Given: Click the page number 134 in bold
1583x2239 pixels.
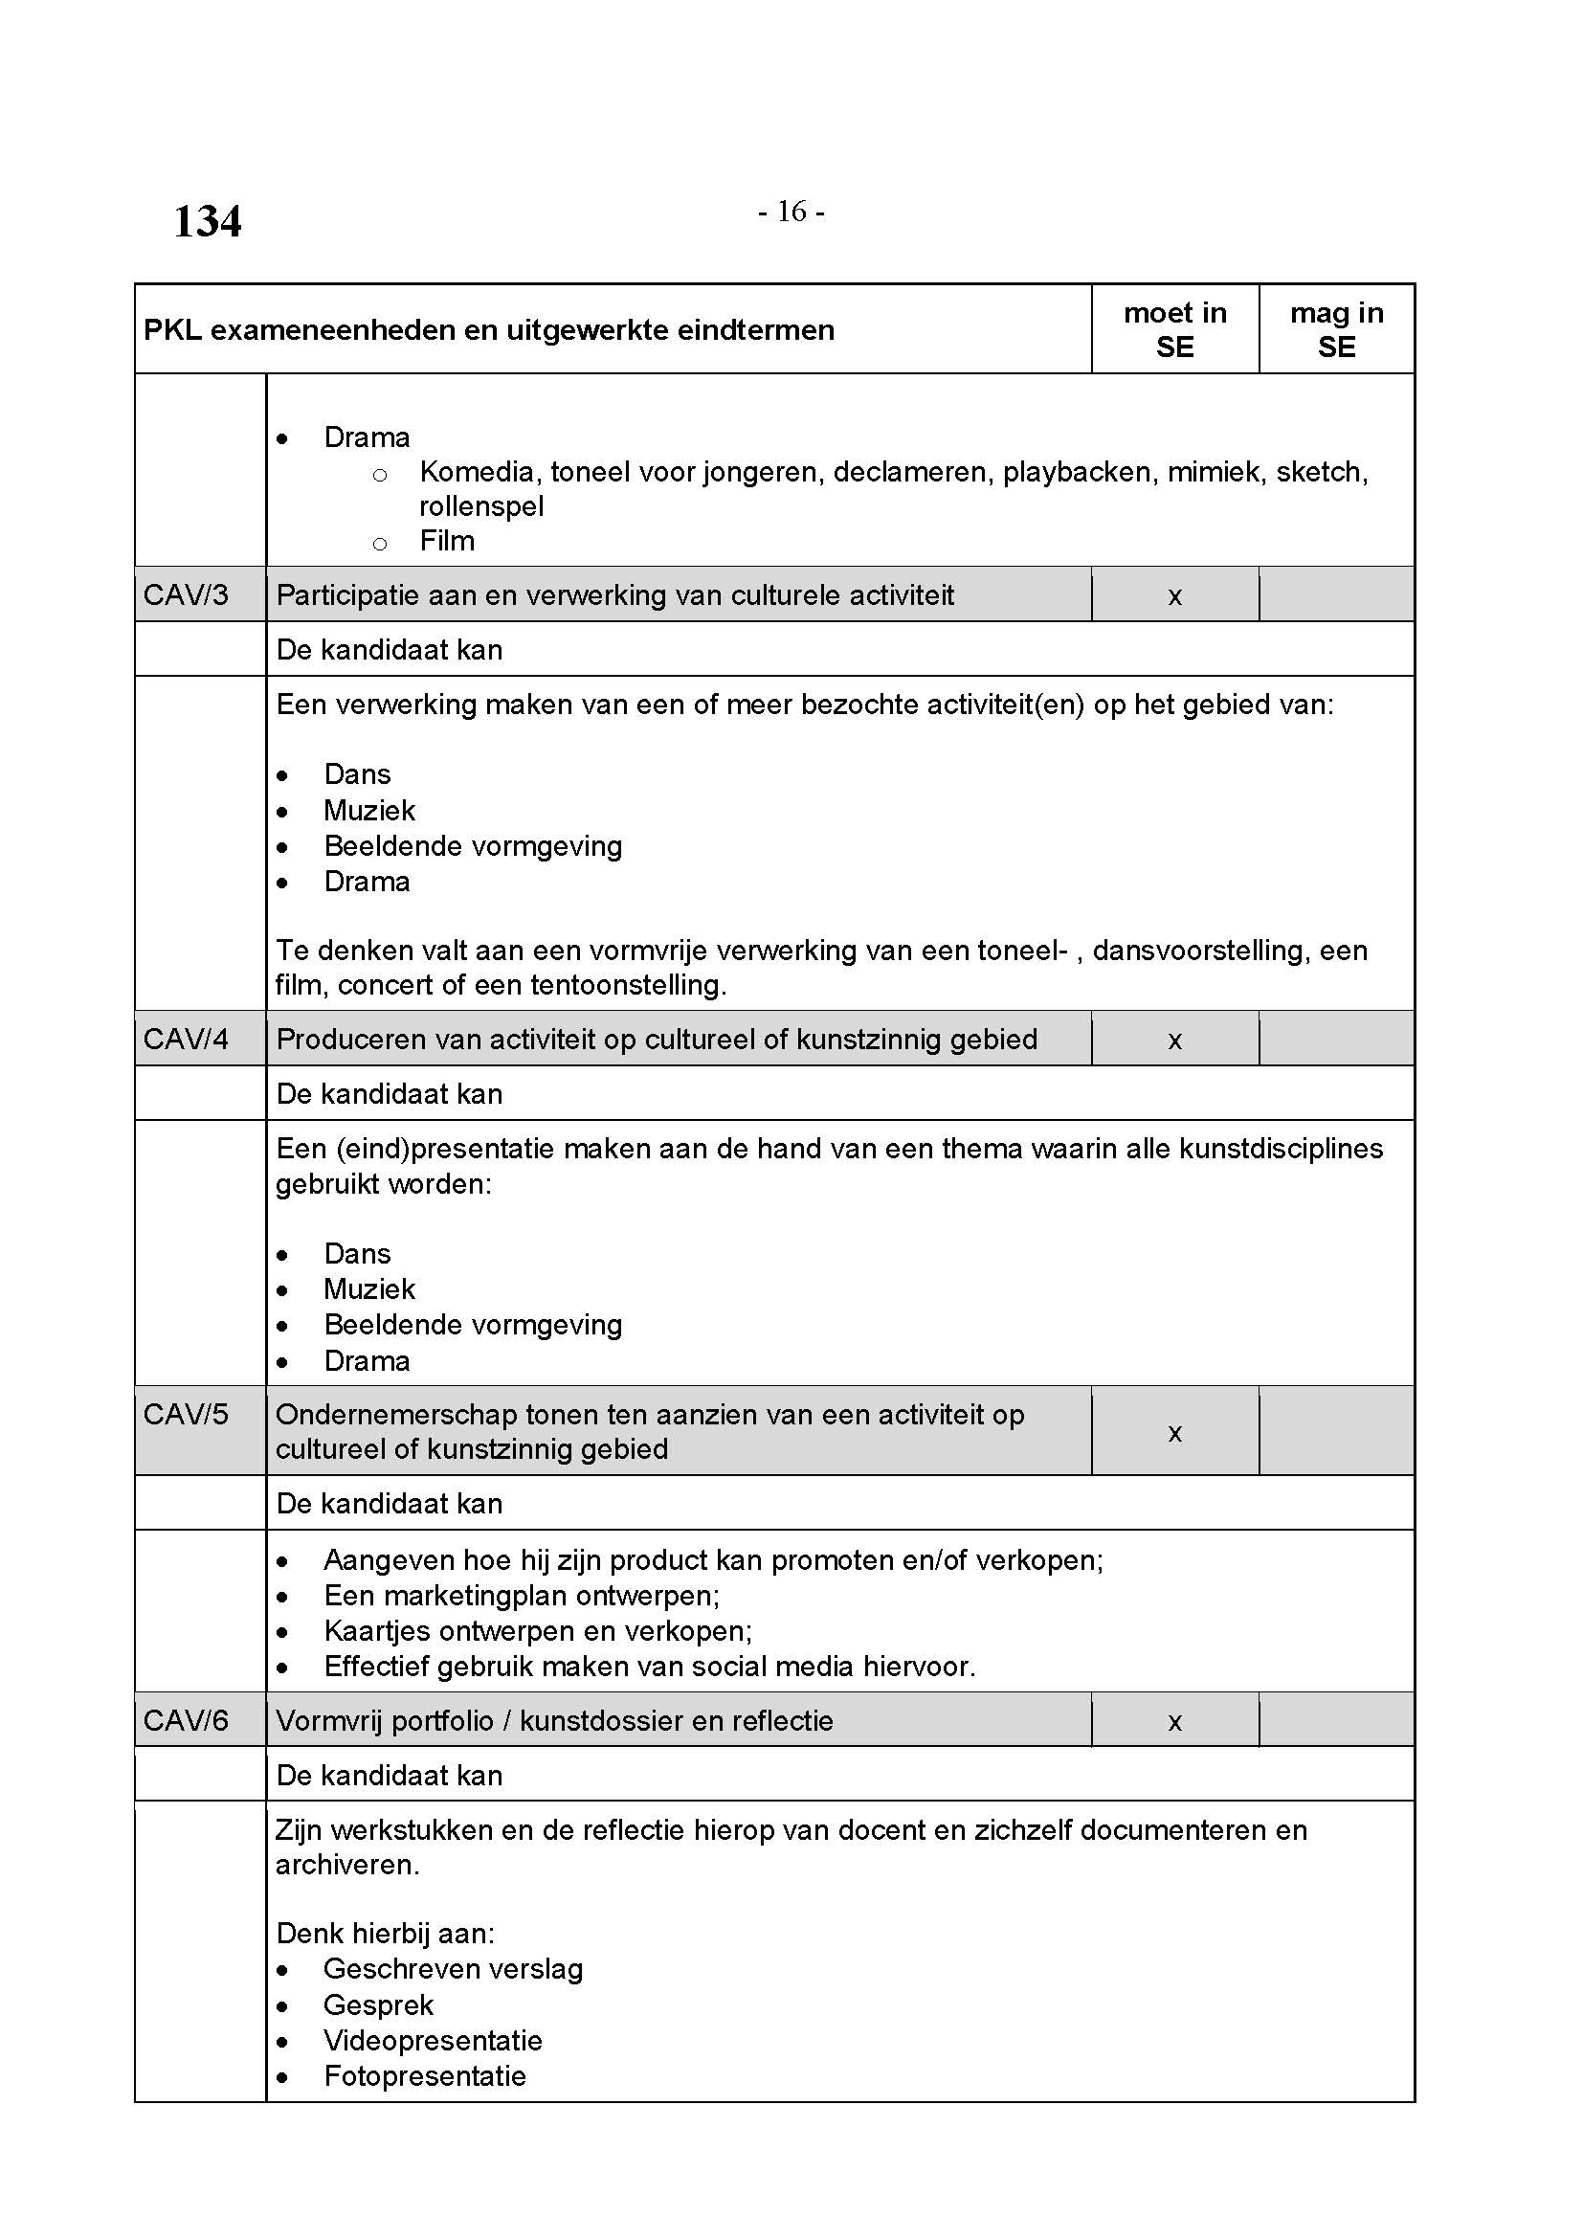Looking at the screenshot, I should coord(207,221).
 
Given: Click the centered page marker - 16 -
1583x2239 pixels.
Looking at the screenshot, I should coord(791,212).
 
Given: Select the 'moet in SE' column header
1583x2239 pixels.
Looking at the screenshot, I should coord(1174,329).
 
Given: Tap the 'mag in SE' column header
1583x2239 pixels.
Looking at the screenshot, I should coord(1336,329).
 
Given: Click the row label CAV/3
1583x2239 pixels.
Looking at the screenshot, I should coord(186,594).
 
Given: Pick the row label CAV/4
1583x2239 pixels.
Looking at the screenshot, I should coord(186,1039).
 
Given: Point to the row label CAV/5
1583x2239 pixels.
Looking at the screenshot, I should coord(186,1414).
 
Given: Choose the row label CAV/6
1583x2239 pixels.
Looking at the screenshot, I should coord(186,1720).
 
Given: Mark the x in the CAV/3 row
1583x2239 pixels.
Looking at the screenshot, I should coord(1174,596).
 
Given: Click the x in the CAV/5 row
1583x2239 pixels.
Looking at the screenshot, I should coord(1174,1433).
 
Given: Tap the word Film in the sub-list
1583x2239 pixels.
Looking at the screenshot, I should coord(446,541).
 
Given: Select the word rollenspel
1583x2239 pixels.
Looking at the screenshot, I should coord(481,507).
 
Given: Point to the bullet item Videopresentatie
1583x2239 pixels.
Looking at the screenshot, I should coord(433,2040).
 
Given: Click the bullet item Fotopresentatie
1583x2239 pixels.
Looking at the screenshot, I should coord(424,2076).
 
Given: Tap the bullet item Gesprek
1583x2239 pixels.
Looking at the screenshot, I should coord(378,2005).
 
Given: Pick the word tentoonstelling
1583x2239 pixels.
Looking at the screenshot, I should coord(594,985).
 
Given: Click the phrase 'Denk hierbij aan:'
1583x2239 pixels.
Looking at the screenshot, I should coord(385,1933).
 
